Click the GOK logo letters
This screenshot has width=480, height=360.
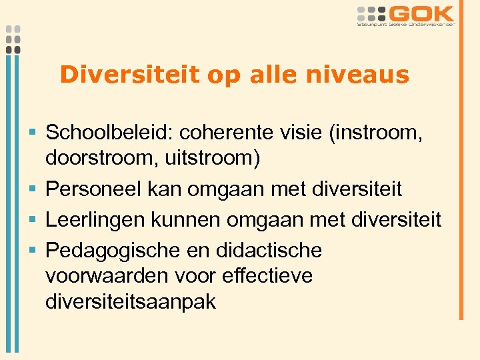[421, 13]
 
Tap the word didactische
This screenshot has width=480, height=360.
[269, 251]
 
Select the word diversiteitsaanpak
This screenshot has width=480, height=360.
[131, 301]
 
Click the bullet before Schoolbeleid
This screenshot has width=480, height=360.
[33, 133]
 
